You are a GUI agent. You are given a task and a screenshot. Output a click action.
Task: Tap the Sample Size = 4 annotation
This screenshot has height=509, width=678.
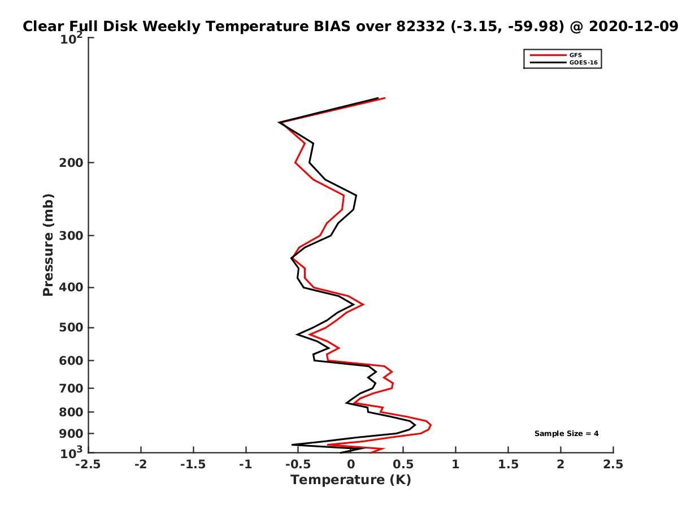[x=566, y=434]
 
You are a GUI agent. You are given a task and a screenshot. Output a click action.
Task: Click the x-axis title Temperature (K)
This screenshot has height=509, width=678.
[x=351, y=480]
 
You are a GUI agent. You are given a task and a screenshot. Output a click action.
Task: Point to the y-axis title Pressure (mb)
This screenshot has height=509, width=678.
[x=48, y=245]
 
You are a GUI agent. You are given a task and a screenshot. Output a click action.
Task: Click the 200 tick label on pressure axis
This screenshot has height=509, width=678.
[x=71, y=162]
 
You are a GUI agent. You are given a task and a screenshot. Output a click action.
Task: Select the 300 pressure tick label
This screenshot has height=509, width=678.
[x=71, y=236]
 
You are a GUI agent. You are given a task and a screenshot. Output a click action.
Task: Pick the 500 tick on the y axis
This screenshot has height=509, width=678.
[x=71, y=327]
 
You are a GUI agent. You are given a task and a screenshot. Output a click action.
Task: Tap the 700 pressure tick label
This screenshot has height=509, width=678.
[x=71, y=388]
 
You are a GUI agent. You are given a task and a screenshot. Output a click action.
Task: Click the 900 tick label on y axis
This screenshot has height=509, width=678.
[x=71, y=434]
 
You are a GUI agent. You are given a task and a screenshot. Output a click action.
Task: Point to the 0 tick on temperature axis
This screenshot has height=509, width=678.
[x=351, y=464]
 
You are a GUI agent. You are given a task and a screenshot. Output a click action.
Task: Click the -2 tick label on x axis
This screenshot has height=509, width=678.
[x=141, y=464]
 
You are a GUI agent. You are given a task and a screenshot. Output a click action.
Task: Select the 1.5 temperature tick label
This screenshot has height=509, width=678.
[x=508, y=464]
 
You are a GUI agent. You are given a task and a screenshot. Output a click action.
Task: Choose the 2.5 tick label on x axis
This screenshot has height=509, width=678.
[x=613, y=464]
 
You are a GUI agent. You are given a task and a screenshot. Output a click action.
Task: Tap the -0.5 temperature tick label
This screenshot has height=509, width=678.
[x=298, y=464]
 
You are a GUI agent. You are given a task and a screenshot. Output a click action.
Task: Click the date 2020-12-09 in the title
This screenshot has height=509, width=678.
[x=633, y=27]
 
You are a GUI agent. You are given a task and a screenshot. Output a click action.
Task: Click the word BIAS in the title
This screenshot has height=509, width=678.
[x=332, y=27]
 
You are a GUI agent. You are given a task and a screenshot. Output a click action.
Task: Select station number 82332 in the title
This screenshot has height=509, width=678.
[x=420, y=27]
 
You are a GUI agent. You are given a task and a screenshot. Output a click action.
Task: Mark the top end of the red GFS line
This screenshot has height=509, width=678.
[x=385, y=98]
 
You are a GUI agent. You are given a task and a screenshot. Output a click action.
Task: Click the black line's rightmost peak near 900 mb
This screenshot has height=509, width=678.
[x=415, y=425]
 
